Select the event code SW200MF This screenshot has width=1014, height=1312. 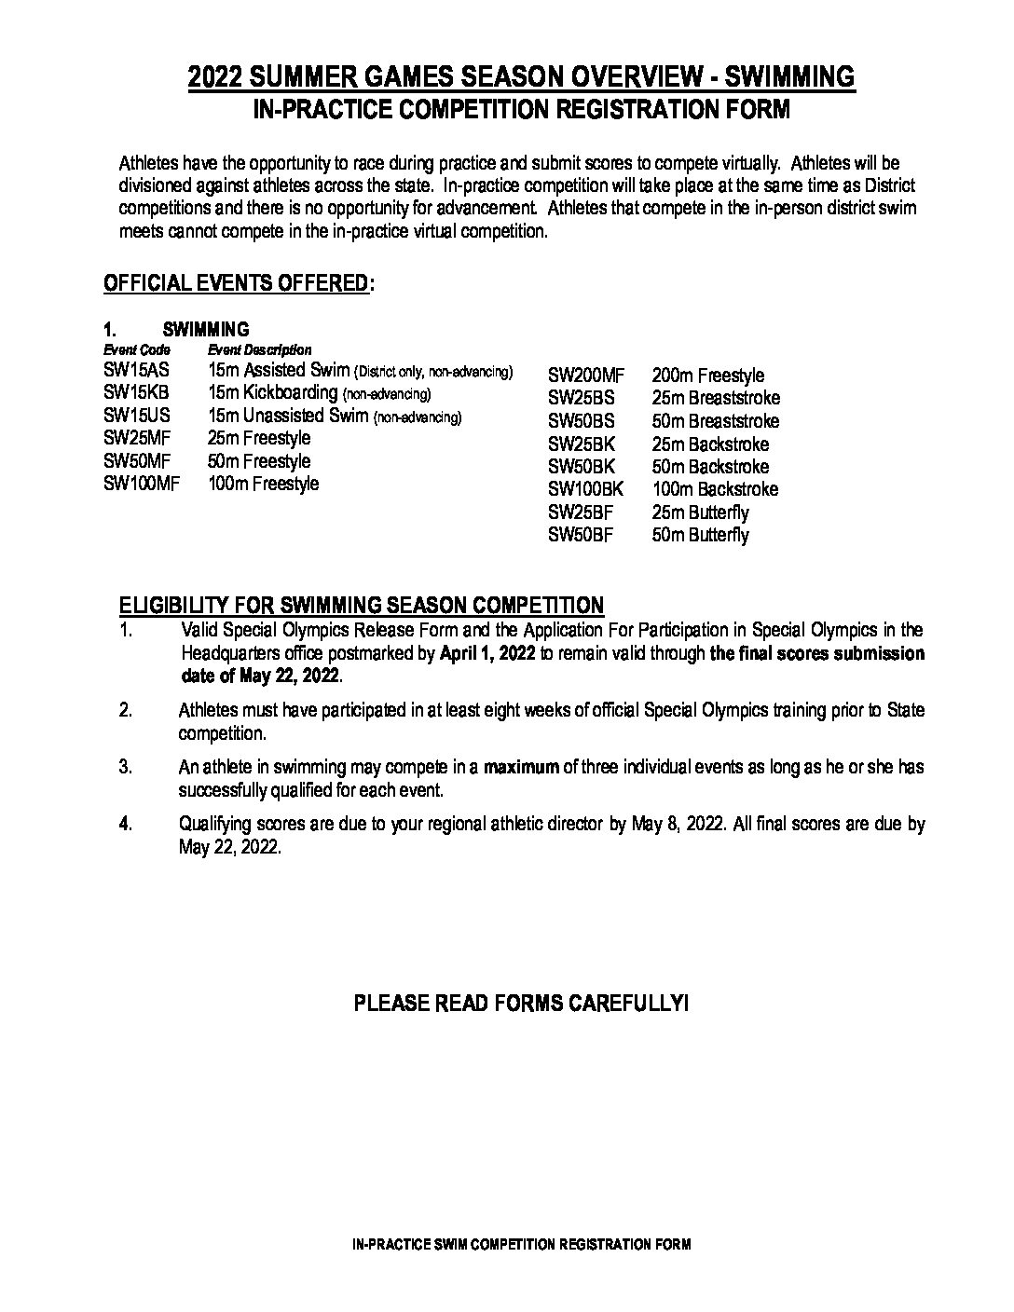click(x=585, y=376)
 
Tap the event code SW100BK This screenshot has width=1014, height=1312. click(x=585, y=489)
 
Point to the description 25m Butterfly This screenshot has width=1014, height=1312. click(x=700, y=512)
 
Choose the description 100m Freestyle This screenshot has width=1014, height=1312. click(x=264, y=484)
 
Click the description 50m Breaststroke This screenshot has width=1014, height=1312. click(x=716, y=421)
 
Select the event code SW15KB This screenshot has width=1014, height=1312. click(x=136, y=393)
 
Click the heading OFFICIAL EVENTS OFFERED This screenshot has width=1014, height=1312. click(x=236, y=283)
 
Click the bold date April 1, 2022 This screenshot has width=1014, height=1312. click(x=487, y=653)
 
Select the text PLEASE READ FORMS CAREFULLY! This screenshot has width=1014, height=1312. click(x=521, y=1004)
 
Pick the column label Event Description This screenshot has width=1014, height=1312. click(x=259, y=350)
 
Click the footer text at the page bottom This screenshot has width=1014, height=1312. click(x=521, y=1245)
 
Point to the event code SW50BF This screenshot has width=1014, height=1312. click(x=582, y=535)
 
